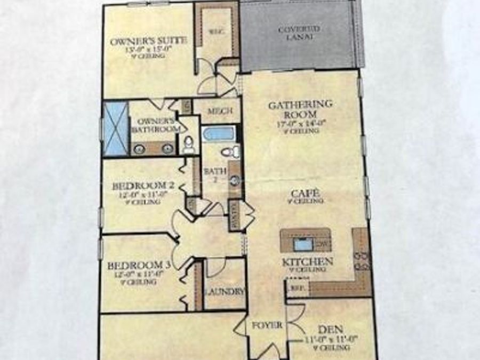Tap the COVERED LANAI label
[x=299, y=34]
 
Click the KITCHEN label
[x=308, y=262]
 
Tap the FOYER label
[x=268, y=325]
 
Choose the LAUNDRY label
[x=225, y=292]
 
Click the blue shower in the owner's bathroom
[x=116, y=129]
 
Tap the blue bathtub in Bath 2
[x=219, y=133]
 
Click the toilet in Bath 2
[x=230, y=153]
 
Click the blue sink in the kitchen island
[x=303, y=245]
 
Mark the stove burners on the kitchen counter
[x=362, y=259]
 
